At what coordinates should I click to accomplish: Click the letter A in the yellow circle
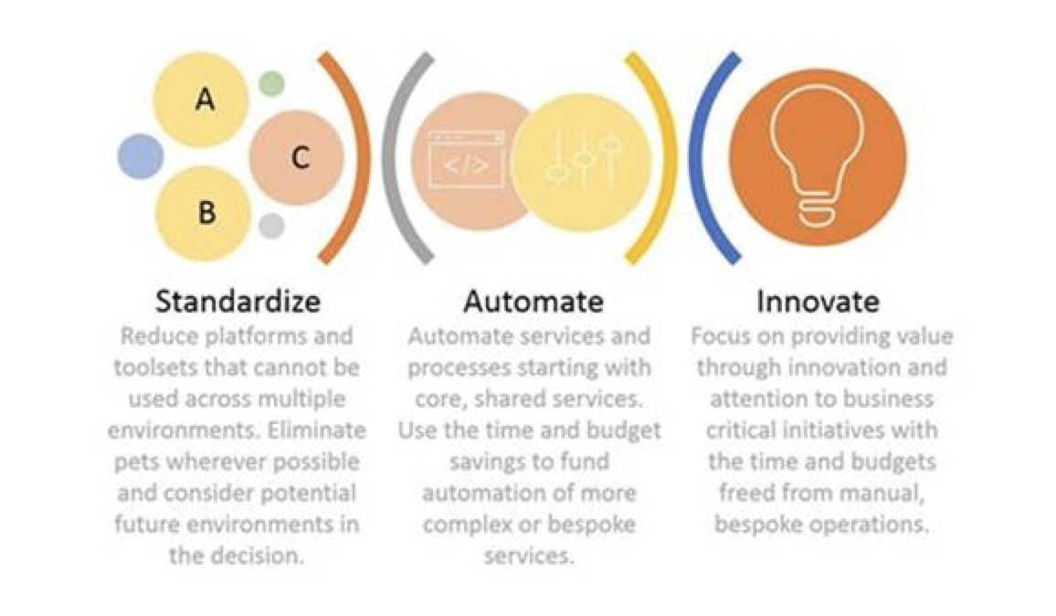206,100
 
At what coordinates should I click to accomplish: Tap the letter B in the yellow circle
206,212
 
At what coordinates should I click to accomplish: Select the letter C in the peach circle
301,158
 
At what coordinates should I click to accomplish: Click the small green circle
271,84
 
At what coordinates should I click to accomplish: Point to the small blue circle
141,156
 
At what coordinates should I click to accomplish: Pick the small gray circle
271,226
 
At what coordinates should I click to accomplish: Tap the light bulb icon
817,156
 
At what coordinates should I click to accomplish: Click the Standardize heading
238,302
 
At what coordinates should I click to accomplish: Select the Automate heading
533,302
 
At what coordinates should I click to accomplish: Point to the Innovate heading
818,302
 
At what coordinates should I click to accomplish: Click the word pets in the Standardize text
137,462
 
